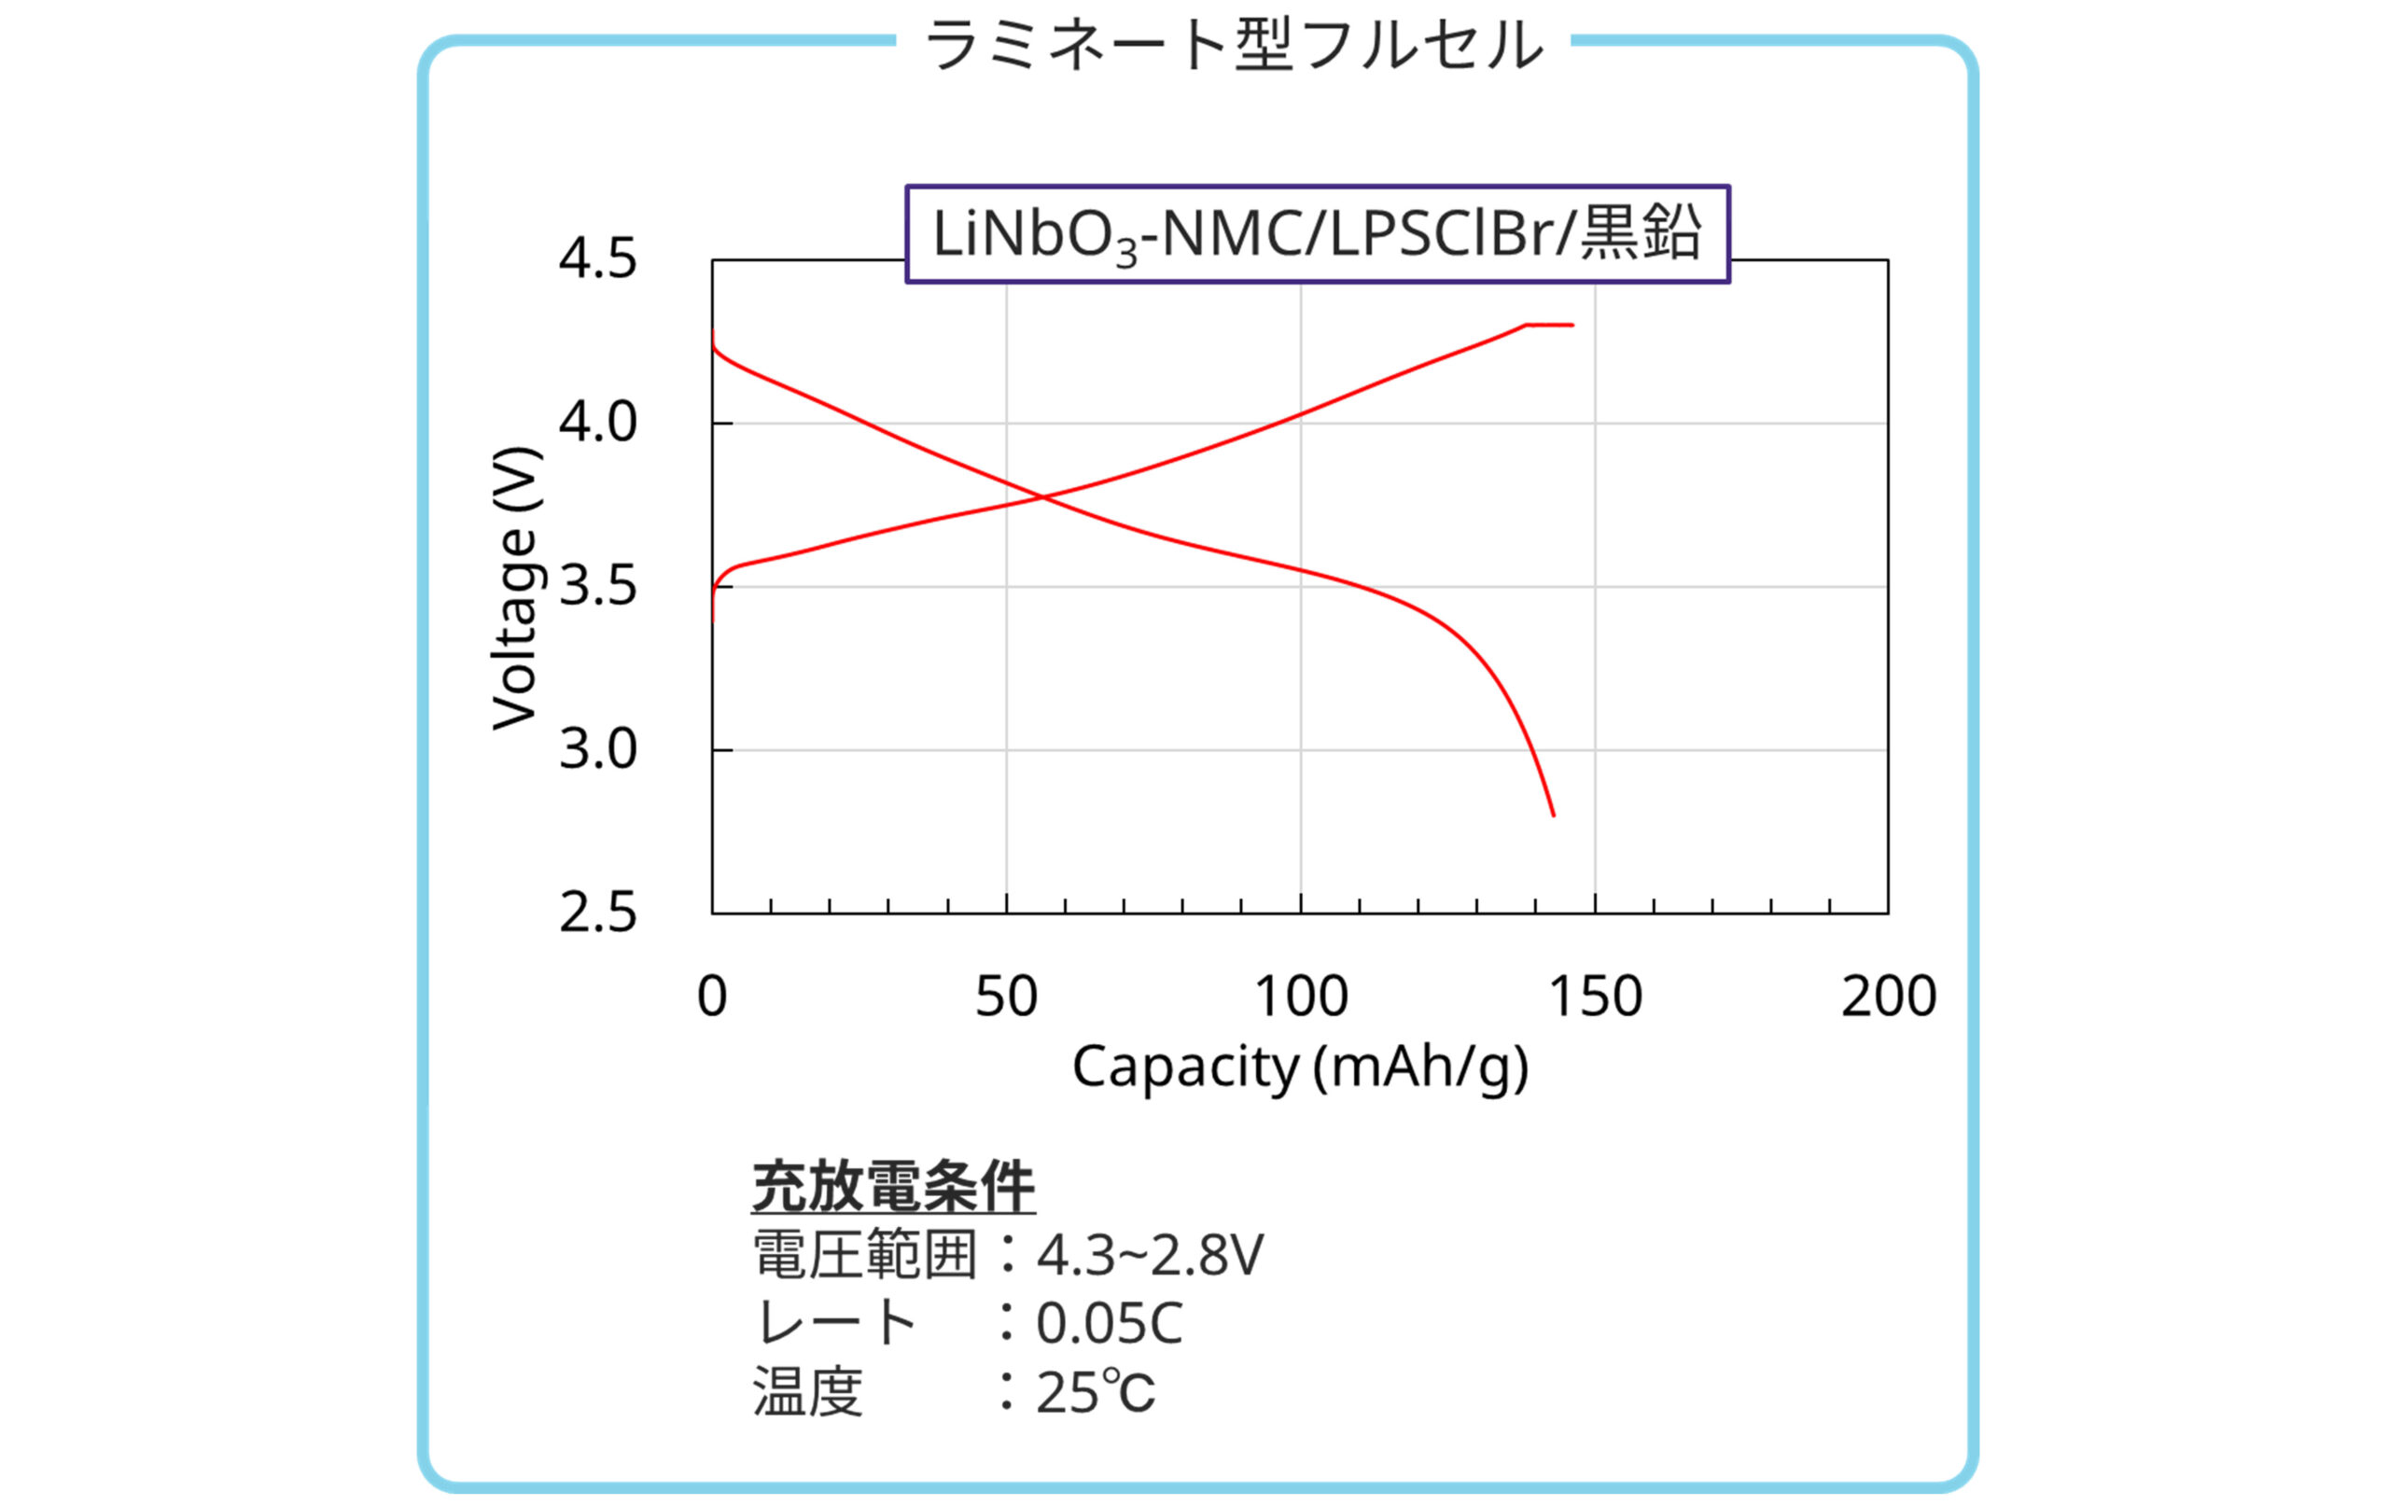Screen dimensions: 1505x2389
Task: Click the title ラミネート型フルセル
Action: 1233,46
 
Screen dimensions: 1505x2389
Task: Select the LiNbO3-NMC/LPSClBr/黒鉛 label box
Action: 1317,234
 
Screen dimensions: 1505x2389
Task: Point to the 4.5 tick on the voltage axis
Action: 597,260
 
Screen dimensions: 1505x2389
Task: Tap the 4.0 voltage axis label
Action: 597,423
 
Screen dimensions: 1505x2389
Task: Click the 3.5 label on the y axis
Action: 597,586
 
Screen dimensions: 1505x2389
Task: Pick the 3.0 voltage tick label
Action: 597,750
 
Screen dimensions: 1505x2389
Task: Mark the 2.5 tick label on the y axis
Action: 597,913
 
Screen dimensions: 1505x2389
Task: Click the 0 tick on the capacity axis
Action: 712,996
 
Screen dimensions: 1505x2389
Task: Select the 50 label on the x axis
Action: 1006,996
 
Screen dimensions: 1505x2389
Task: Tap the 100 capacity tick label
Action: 1301,996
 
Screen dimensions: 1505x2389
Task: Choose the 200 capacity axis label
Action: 1889,996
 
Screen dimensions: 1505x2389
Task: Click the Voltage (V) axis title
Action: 516,589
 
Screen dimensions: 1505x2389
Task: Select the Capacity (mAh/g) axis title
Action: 1300,1067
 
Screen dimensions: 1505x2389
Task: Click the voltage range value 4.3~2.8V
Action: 1150,1255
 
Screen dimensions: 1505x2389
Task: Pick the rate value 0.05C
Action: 1110,1323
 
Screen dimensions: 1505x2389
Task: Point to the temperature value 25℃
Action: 1096,1392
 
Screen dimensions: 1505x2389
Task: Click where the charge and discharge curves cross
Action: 1042,496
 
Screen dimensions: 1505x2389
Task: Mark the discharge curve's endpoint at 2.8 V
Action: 1553,815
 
